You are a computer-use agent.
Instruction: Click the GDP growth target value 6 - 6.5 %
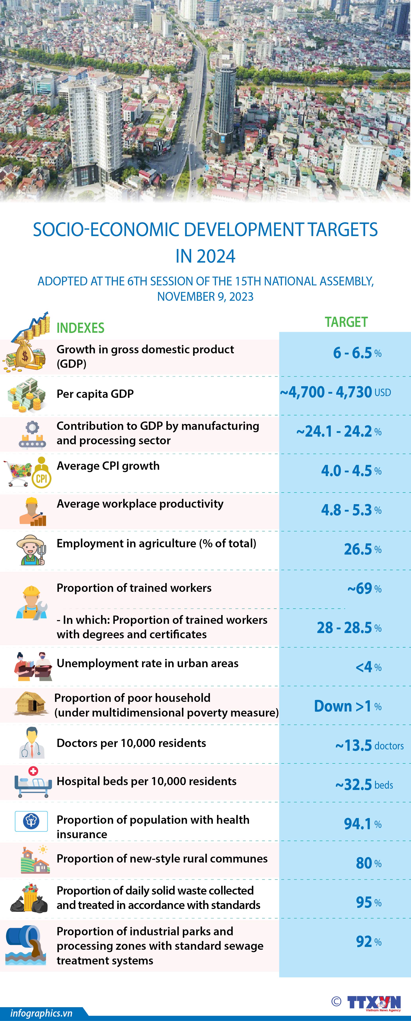pyautogui.click(x=357, y=353)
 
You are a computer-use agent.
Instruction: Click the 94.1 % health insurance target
pyautogui.click(x=362, y=824)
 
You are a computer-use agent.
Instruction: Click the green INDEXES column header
pyautogui.click(x=80, y=328)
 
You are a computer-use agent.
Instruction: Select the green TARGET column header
pyautogui.click(x=346, y=322)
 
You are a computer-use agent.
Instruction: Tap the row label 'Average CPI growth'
pyautogui.click(x=108, y=466)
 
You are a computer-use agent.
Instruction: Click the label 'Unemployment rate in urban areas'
pyautogui.click(x=148, y=663)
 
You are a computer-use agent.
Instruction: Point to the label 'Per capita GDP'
pyautogui.click(x=95, y=394)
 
